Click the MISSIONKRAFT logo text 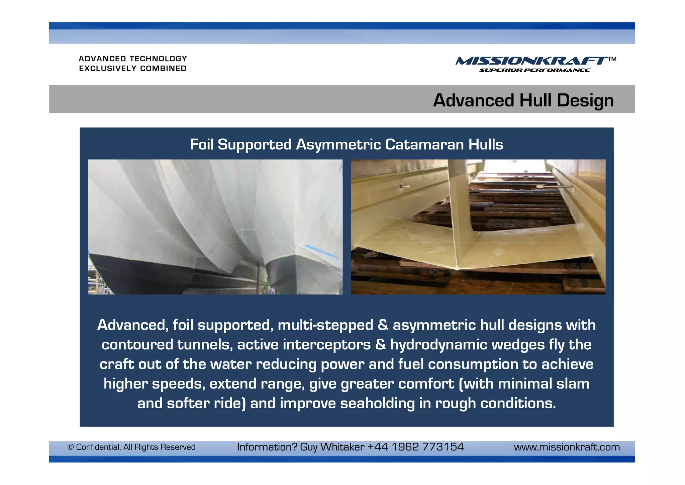click(x=531, y=61)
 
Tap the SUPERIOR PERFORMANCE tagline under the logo click(x=534, y=70)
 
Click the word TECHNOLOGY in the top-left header click(x=158, y=59)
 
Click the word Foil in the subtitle click(x=202, y=145)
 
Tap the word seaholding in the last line click(x=377, y=403)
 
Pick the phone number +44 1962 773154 click(x=415, y=447)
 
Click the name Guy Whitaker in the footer click(x=332, y=447)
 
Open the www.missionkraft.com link click(x=567, y=447)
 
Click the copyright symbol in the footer click(x=71, y=447)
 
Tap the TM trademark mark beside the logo click(x=612, y=59)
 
